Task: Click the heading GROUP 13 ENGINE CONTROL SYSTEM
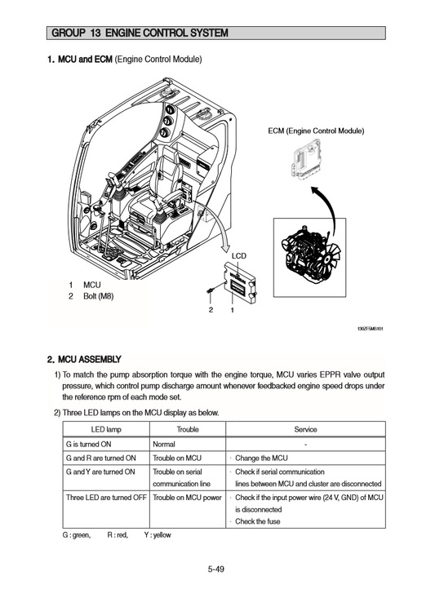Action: (139, 33)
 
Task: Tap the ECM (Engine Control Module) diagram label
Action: (316, 131)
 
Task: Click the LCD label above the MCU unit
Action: (238, 255)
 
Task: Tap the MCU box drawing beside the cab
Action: (238, 281)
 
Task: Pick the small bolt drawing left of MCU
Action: (211, 290)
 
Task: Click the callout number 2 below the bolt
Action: (211, 310)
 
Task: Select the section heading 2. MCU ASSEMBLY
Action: (84, 359)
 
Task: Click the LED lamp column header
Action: (104, 429)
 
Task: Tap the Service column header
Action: (305, 429)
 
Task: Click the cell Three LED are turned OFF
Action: (105, 497)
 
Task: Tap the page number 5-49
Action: (216, 569)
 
